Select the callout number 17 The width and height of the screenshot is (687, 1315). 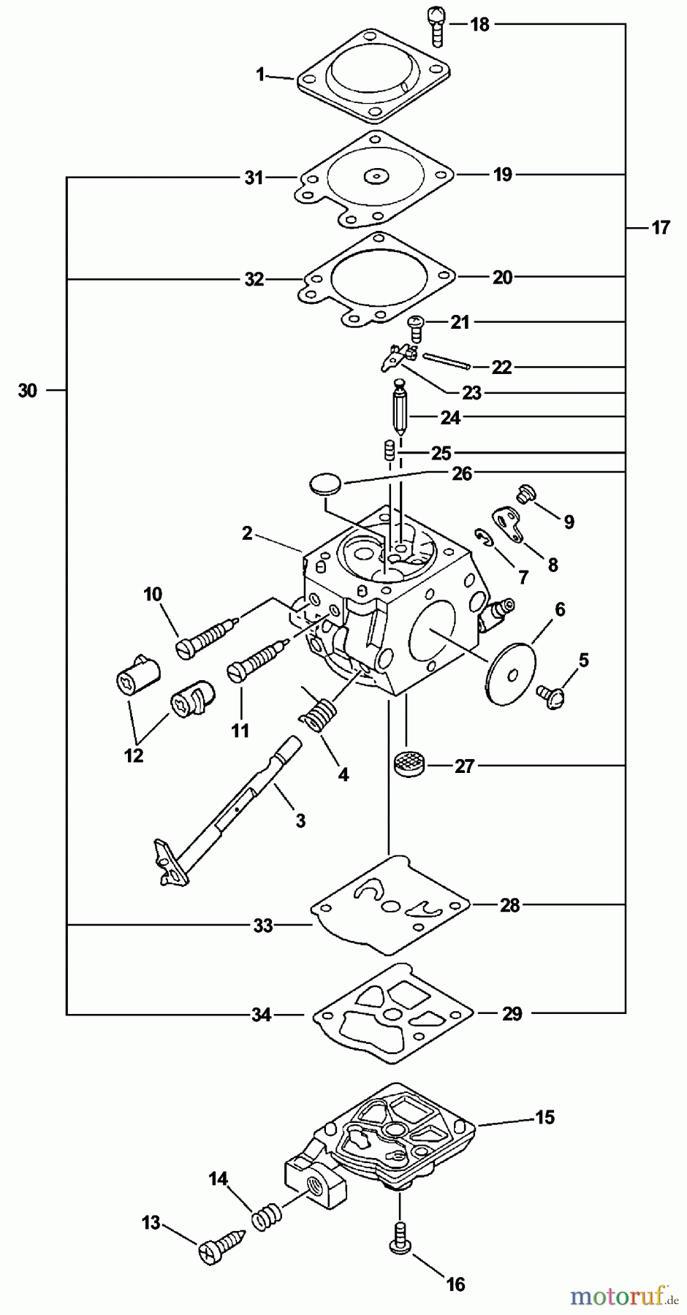tap(660, 228)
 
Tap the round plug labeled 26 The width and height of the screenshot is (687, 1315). tap(324, 484)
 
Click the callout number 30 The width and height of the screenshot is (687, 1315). tap(27, 391)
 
